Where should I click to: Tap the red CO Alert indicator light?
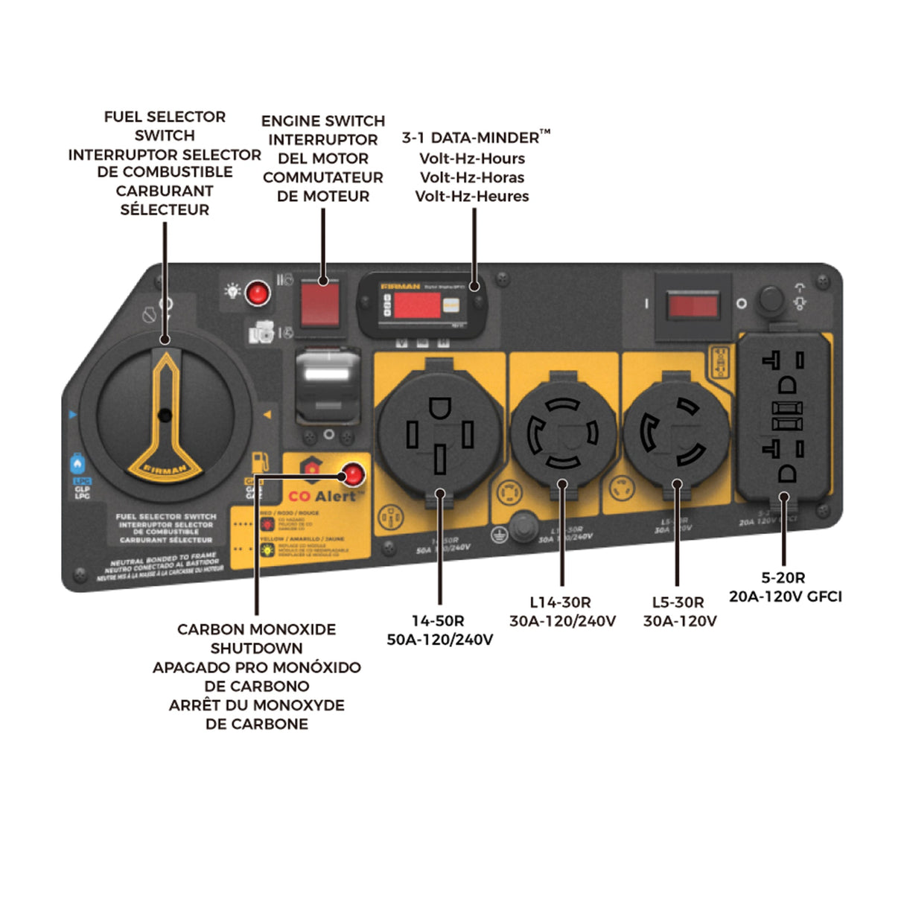pyautogui.click(x=351, y=474)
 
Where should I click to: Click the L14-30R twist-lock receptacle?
pyautogui.click(x=563, y=433)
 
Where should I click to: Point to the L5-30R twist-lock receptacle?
pyautogui.click(x=675, y=433)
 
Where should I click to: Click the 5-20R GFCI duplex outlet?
pyautogui.click(x=784, y=417)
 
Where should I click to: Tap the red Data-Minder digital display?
pyautogui.click(x=416, y=305)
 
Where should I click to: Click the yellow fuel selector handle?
pyautogui.click(x=165, y=417)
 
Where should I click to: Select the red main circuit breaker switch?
pyautogui.click(x=693, y=305)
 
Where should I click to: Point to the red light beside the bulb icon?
pyautogui.click(x=258, y=293)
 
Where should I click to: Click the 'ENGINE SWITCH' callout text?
pyautogui.click(x=322, y=121)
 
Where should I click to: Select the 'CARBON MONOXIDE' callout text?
pyautogui.click(x=256, y=629)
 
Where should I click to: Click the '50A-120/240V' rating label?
pyautogui.click(x=439, y=640)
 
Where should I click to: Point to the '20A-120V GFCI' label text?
pyautogui.click(x=785, y=596)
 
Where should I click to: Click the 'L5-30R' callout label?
pyautogui.click(x=678, y=602)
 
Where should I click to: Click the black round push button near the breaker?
pyautogui.click(x=771, y=300)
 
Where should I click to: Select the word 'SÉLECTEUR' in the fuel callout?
pyautogui.click(x=165, y=210)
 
